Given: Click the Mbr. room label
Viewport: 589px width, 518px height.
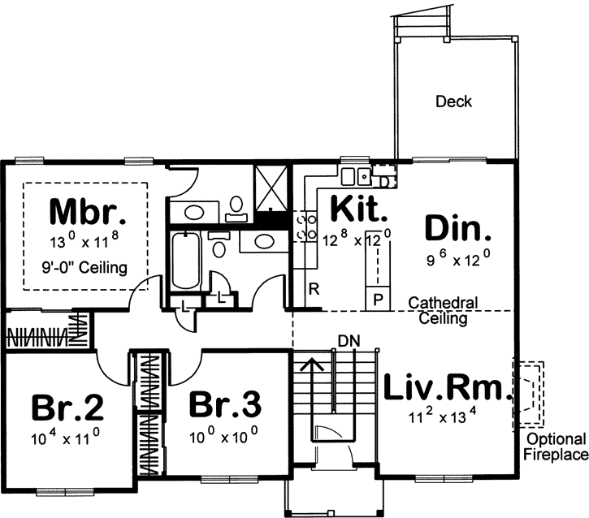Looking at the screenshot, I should [x=88, y=213].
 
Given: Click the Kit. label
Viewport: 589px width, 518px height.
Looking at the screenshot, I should [x=357, y=210].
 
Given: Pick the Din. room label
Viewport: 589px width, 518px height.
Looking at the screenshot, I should [x=458, y=228].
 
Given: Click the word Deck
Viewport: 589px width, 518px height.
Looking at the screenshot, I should [x=453, y=102].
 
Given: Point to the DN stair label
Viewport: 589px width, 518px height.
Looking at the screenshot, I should [x=348, y=339].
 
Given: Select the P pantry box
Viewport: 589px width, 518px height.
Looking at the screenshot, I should [x=377, y=297].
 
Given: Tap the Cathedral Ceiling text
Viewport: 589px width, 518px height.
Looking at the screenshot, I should [x=443, y=311].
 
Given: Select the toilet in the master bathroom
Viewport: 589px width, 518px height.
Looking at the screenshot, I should [x=237, y=206].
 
